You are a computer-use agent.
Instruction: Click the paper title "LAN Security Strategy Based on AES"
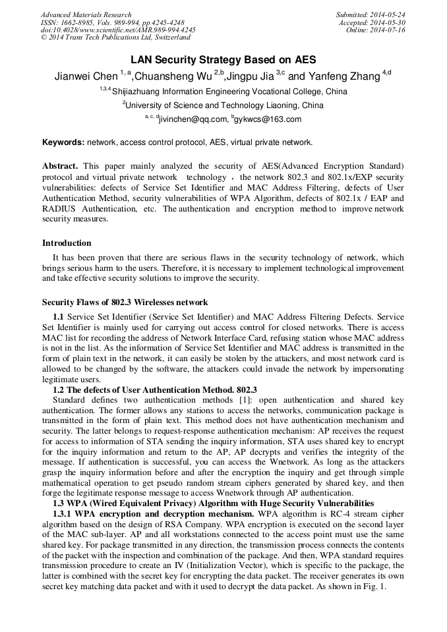[223, 59]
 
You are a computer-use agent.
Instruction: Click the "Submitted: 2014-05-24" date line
[371, 14]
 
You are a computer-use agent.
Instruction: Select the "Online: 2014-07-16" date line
[375, 30]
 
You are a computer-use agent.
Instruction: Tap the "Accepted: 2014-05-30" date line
[372, 22]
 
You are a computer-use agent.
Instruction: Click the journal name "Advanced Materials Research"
[86, 14]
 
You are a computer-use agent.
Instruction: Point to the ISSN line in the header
[112, 22]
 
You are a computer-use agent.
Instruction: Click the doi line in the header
[118, 30]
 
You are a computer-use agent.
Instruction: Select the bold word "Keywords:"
[63, 142]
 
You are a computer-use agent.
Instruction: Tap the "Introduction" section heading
[67, 243]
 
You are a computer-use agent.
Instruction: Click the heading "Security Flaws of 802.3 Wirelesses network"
[125, 302]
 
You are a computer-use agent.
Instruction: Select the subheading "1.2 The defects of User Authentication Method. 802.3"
[154, 389]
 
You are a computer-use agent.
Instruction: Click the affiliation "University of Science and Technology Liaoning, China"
[223, 105]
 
